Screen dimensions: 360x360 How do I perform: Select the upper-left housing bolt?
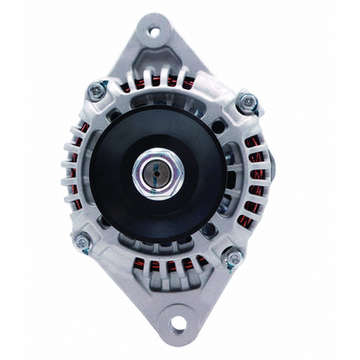coord(94,90)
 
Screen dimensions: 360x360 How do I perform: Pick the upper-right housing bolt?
coord(243,103)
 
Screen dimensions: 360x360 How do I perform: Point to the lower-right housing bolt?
coord(232,258)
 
